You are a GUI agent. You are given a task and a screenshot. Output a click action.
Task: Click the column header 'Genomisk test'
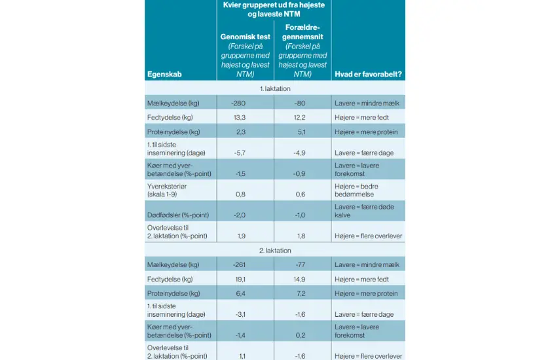tap(246, 37)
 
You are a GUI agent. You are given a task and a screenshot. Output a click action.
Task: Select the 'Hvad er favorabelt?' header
tap(368, 74)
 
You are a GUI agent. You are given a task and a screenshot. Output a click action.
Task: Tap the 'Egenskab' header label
tap(164, 74)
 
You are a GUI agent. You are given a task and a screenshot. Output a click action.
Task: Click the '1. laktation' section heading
tap(274, 88)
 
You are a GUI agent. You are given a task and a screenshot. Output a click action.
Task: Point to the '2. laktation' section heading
tap(274, 250)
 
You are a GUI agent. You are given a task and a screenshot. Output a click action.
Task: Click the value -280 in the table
tap(238, 103)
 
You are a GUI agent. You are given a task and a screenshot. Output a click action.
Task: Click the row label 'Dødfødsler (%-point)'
tap(174, 215)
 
